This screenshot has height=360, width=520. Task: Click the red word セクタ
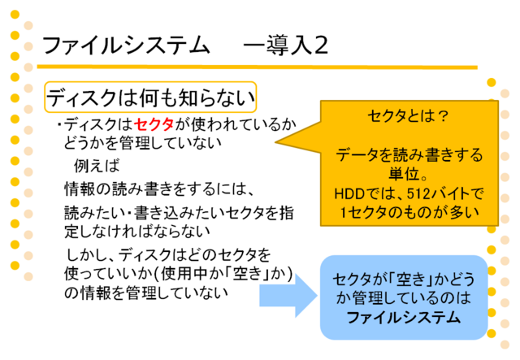[154, 125]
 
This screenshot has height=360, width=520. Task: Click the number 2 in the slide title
[321, 46]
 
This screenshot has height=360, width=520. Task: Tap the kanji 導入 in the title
[288, 46]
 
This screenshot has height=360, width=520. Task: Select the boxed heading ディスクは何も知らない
[150, 98]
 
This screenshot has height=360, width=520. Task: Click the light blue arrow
[288, 295]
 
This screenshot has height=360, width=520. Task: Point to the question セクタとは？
[408, 116]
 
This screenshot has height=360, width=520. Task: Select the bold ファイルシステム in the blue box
[404, 318]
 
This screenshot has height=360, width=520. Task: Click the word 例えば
[97, 165]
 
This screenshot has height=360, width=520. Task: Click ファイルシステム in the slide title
[126, 46]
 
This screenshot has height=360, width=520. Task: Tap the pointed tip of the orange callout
[276, 142]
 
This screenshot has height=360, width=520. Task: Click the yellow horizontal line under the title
[257, 67]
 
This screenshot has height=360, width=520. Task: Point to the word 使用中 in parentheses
[184, 274]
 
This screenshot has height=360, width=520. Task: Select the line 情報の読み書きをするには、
[159, 189]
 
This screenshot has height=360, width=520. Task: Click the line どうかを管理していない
[143, 143]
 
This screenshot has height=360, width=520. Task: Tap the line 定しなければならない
[137, 232]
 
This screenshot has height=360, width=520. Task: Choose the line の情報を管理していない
[146, 293]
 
